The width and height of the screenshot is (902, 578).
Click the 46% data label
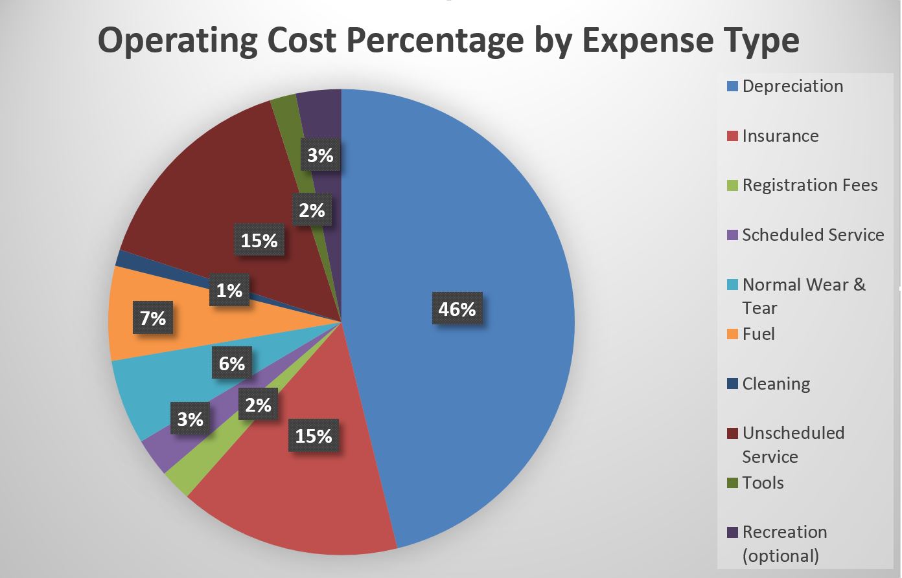(x=457, y=310)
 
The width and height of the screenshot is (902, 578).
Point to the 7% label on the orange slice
(x=153, y=318)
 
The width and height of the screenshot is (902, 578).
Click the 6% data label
(x=232, y=364)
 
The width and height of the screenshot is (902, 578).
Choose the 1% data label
(x=229, y=291)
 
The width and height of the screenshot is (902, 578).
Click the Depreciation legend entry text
(x=792, y=86)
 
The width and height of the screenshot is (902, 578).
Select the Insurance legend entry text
(x=780, y=136)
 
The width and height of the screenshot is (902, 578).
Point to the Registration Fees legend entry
(x=810, y=185)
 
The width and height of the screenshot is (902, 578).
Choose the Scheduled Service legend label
(x=813, y=235)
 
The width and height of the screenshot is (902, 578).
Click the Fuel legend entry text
(x=758, y=334)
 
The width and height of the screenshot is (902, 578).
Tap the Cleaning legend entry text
(x=776, y=384)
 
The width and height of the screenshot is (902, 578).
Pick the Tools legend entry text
(x=763, y=483)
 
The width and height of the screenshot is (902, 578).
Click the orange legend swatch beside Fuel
(x=733, y=335)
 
